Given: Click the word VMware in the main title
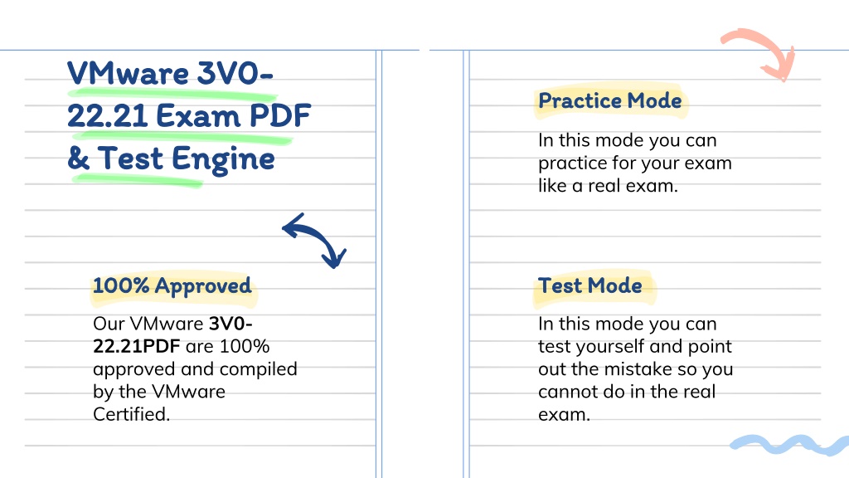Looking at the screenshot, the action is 128,73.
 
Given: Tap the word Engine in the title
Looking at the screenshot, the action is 223,159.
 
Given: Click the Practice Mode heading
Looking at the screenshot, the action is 609,100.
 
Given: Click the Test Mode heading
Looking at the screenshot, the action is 589,285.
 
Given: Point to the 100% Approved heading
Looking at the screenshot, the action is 172,286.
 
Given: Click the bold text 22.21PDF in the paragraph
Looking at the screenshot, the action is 137,346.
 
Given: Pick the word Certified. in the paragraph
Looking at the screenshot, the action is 132,415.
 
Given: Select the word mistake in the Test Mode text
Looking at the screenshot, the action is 637,369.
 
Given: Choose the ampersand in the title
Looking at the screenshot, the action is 79,159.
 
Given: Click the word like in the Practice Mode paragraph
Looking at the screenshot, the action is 552,186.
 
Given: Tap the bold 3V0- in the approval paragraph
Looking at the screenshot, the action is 230,324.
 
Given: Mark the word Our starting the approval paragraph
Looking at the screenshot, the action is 109,324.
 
